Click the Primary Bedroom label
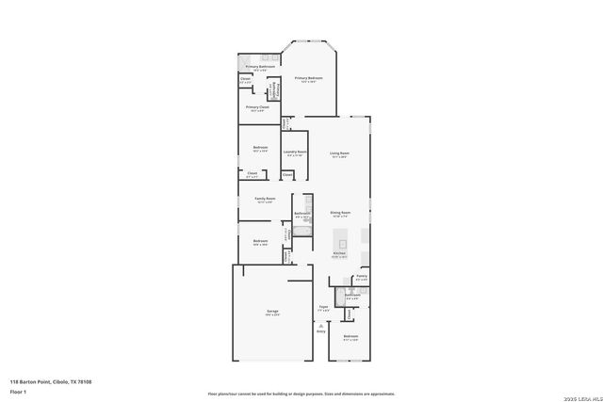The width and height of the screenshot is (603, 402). pyautogui.click(x=309, y=78)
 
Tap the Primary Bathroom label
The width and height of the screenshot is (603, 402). pyautogui.click(x=260, y=67)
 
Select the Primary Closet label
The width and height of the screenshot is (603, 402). pyautogui.click(x=257, y=107)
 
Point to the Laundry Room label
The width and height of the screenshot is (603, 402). pyautogui.click(x=296, y=152)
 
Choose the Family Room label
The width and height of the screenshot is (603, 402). pyautogui.click(x=265, y=199)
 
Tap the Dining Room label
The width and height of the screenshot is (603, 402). pyautogui.click(x=339, y=213)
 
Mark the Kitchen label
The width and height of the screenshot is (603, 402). pyautogui.click(x=339, y=254)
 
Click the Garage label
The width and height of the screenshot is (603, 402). pyautogui.click(x=272, y=311)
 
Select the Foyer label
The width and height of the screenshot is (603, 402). pyautogui.click(x=322, y=306)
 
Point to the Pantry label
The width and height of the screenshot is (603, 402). pyautogui.click(x=362, y=276)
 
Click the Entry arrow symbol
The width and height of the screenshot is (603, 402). pyautogui.click(x=320, y=324)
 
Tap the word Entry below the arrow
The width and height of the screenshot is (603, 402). pyautogui.click(x=320, y=331)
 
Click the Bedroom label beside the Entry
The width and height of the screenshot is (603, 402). pyautogui.click(x=350, y=336)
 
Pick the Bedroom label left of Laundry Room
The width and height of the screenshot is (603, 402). pyautogui.click(x=260, y=148)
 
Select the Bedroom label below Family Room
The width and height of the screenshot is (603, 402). pyautogui.click(x=260, y=241)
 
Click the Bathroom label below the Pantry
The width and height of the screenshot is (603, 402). pyautogui.click(x=351, y=296)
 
